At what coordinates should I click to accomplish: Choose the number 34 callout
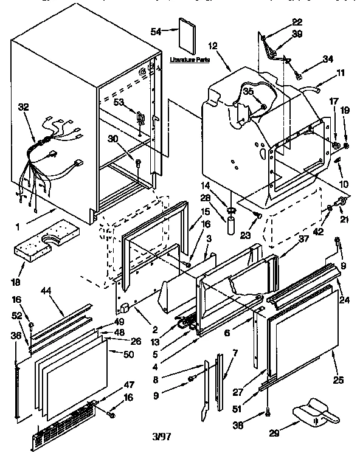pos(328,59)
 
